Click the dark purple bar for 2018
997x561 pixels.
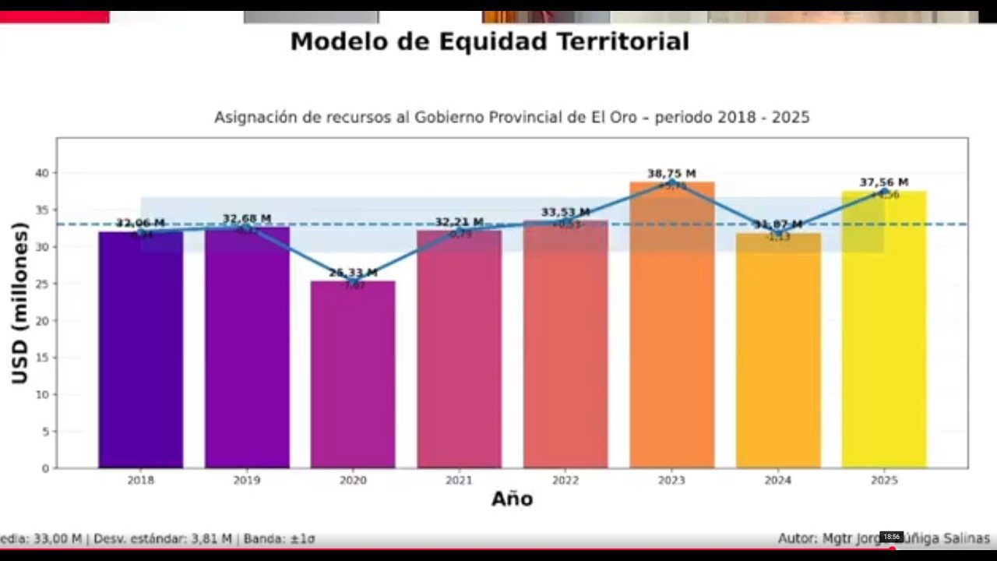[x=140, y=351]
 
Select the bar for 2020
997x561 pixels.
[x=353, y=374]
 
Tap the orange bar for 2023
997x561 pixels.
[x=671, y=327]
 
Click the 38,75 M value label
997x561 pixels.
[x=671, y=174]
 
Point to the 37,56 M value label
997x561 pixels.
[x=884, y=182]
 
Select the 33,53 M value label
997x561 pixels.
[x=565, y=212]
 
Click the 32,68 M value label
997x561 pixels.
[x=247, y=218]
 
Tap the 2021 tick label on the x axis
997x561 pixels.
[x=459, y=481]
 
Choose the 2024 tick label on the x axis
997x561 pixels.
[x=777, y=481]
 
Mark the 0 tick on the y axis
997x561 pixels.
[x=45, y=468]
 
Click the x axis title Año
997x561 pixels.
[x=512, y=499]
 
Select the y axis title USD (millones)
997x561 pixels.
[x=20, y=303]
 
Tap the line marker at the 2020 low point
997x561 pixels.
[x=353, y=281]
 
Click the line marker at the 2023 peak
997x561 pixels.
[x=671, y=182]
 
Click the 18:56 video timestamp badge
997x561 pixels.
[x=891, y=537]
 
